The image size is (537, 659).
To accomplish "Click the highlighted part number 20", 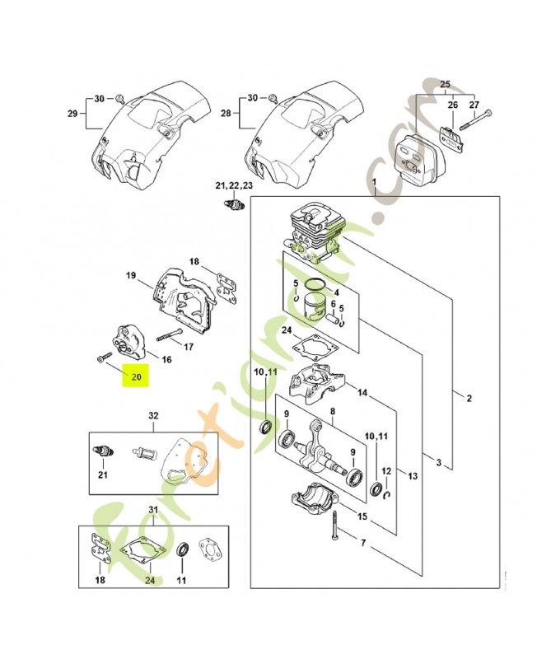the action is [137, 377].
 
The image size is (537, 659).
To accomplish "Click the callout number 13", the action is [413, 476].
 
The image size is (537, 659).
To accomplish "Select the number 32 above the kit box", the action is [153, 416].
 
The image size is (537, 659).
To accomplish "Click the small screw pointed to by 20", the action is [101, 358].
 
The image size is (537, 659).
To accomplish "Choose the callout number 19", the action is [131, 276].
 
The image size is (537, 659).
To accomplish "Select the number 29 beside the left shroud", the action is [72, 114].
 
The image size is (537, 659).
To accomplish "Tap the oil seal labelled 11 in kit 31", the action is [183, 550].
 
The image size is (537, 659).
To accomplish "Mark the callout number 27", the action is [474, 105].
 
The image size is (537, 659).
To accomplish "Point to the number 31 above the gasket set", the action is [153, 510].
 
